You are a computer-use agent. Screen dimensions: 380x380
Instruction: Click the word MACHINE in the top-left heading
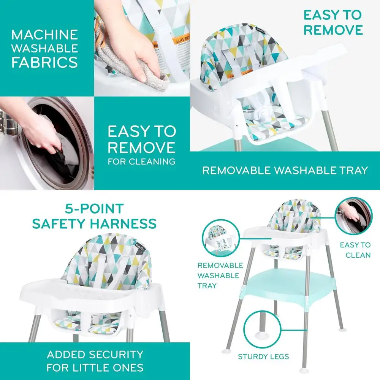[x=44, y=35]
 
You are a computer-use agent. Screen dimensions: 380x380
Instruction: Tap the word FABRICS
[x=44, y=62]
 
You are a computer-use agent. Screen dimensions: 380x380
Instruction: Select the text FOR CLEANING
[x=141, y=161]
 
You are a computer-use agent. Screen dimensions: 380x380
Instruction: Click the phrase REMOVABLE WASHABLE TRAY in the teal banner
[x=285, y=170]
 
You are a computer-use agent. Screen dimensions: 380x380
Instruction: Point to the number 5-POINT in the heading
[x=94, y=209]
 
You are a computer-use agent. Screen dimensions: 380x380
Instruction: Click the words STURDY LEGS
[x=263, y=356]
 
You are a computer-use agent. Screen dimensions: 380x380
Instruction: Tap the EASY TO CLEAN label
[x=355, y=250]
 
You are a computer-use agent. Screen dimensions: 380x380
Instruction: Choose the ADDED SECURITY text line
[x=95, y=355]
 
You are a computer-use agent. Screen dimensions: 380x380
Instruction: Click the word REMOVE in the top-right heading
[x=333, y=30]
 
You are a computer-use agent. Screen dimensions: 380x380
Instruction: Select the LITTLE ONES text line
[x=95, y=368]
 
